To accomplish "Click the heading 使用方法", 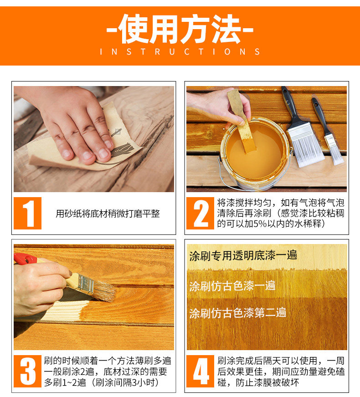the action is point(180,29).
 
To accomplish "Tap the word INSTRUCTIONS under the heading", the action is point(180,51).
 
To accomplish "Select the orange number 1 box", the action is point(28,213).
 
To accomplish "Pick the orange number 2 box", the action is point(200,213).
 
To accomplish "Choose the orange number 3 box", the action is point(28,371).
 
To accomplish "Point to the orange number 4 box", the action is point(200,371).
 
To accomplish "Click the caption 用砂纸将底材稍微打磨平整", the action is point(108,214).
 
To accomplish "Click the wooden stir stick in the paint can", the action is point(242,122).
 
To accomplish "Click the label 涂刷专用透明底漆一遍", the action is point(243,255).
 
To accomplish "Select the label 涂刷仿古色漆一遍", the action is point(232,286).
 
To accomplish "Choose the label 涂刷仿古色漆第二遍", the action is point(237,313).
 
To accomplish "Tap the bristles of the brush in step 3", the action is point(104,291).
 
